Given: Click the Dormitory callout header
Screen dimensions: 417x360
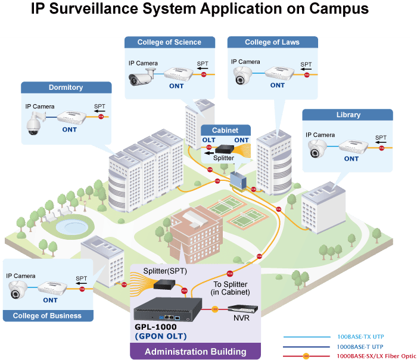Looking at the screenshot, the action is coord(66,87).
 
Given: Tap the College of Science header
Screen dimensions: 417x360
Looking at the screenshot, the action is coord(170,42).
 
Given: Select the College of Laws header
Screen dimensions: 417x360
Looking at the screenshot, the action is coord(273,42).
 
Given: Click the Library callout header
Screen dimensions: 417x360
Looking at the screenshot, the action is coord(347,115).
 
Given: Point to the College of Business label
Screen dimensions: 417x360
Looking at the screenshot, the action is coord(48,315).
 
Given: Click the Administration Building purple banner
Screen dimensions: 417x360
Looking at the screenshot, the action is coord(195,351).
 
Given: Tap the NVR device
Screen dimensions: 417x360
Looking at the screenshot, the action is coord(242,309).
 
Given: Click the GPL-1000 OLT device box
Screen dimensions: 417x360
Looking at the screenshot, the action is coord(168,309).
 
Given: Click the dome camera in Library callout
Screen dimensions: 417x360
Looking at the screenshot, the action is coord(317,149).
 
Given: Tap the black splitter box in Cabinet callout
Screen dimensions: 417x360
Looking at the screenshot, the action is coord(225,149).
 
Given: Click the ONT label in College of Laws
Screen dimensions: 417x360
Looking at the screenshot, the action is coord(278,85).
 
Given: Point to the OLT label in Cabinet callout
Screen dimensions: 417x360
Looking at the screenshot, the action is coord(208,140).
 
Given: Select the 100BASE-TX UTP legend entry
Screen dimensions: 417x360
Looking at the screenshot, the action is coord(334,337).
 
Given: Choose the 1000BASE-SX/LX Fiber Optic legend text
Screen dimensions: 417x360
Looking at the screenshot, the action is coord(376,356).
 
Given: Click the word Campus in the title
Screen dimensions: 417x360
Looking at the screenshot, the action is coord(339,9).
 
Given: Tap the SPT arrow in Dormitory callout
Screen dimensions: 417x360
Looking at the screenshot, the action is coord(99,111).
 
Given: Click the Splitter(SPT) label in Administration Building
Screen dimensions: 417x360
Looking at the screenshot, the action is coord(165,271).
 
